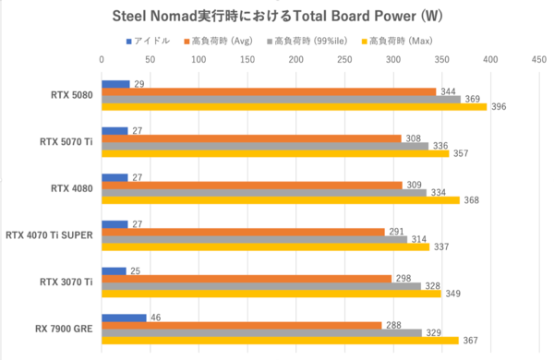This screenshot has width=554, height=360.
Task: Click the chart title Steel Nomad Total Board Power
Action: pyautogui.click(x=277, y=16)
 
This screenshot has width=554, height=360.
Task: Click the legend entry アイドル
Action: pyautogui.click(x=152, y=41)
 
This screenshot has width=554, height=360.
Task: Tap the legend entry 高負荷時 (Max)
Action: pyautogui.click(x=403, y=41)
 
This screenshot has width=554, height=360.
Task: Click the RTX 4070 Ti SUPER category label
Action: pyautogui.click(x=53, y=235)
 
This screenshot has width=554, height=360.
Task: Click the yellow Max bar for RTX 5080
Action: pyautogui.click(x=294, y=107)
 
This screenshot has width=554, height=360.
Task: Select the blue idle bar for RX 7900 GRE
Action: pyautogui.click(x=124, y=318)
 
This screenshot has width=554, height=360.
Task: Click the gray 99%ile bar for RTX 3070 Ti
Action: pyautogui.click(x=260, y=286)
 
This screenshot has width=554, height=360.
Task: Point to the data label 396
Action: pyautogui.click(x=500, y=107)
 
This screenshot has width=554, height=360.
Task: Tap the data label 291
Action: pyautogui.click(x=398, y=232)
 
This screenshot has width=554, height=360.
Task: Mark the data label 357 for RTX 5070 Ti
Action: pyautogui.click(x=462, y=153)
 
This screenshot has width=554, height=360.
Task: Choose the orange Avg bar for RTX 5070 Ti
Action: pyautogui.click(x=251, y=138)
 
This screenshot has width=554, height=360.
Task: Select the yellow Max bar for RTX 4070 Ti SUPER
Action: pyautogui.click(x=265, y=247)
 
